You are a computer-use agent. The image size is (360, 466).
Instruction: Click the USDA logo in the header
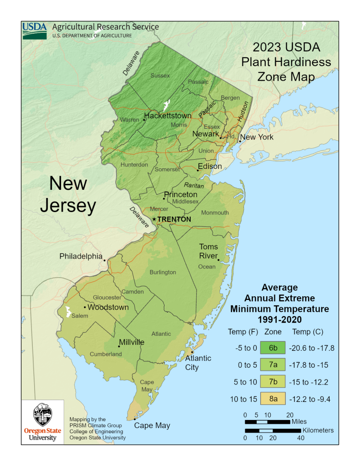tap(35, 30)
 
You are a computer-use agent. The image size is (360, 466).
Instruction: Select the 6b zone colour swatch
tap(273, 348)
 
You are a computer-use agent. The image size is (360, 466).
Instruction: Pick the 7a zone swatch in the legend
tap(273, 365)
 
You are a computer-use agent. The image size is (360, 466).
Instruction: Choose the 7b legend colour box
tap(273, 382)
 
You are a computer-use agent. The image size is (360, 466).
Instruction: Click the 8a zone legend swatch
tap(273, 399)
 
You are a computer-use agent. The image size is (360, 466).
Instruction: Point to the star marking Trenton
tap(154, 219)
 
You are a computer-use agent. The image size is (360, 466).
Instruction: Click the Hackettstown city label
tap(167, 116)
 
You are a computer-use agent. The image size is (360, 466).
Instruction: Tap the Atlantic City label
tap(198, 363)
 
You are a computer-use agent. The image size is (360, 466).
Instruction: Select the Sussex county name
tap(160, 76)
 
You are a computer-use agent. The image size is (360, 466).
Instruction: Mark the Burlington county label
tap(162, 272)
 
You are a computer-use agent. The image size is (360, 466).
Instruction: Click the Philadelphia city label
tap(81, 256)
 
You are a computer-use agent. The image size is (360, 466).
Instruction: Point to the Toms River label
tap(208, 251)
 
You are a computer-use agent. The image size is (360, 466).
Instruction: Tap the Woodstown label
tap(108, 307)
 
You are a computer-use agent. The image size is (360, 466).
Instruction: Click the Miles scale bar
tap(267, 422)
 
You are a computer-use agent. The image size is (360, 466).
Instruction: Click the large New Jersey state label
tap(68, 194)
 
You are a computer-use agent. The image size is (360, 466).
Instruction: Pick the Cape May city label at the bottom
tap(152, 425)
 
